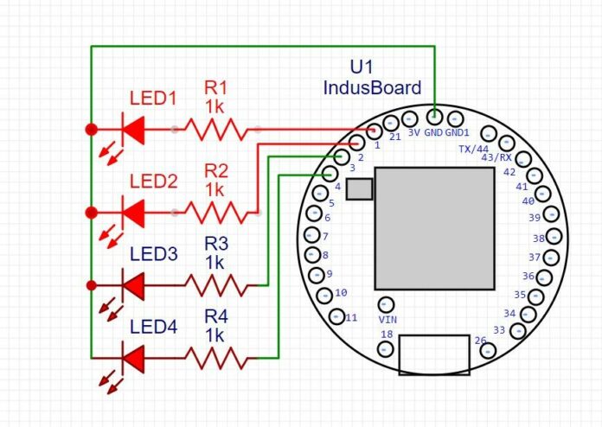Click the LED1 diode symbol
132,130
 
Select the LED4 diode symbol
132,356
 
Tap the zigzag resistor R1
216,130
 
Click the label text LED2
153,182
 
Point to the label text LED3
153,255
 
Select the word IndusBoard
372,88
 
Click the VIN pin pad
387,304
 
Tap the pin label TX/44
473,149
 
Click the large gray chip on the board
435,228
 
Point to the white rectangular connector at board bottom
434,355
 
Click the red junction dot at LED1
91,130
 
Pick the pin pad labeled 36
545,277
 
